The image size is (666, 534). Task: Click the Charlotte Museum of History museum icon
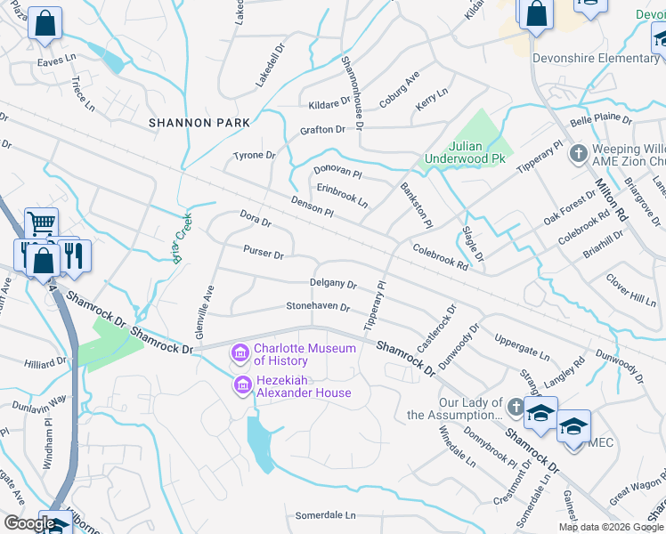pos(240,354)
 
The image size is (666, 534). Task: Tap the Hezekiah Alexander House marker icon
pos(240,386)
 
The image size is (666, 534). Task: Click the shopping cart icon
pos(40,222)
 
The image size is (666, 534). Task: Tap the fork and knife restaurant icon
pos(76,255)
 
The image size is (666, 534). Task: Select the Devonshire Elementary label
pos(597,59)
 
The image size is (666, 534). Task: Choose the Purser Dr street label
pos(264,255)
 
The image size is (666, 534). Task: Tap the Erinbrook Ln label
pos(342,195)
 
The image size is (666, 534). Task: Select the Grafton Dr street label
pos(322,129)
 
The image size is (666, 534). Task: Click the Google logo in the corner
pos(28,524)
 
